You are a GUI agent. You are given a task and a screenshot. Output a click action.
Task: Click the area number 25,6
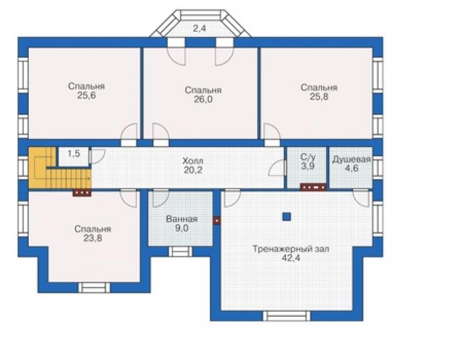86,95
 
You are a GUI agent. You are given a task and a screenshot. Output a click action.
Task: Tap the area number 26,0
203,100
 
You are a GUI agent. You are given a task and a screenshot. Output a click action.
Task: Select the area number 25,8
319,96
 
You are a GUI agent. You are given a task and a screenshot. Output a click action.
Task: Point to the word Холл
193,161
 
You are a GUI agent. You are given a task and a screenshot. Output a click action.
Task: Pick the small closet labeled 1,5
74,157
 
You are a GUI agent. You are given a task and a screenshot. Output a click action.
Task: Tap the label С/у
308,157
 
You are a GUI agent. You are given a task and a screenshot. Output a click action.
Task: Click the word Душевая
352,160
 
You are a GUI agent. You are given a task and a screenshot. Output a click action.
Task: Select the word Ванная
181,219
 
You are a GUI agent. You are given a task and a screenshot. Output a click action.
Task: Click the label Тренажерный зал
291,249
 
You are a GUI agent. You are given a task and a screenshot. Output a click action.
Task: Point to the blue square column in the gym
287,217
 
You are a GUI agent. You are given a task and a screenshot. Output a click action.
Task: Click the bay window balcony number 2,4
200,28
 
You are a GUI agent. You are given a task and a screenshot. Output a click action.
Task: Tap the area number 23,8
93,239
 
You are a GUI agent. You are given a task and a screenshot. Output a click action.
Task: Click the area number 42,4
291,258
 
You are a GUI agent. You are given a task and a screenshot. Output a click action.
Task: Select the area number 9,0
181,228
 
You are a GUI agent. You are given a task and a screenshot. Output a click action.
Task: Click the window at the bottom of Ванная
180,252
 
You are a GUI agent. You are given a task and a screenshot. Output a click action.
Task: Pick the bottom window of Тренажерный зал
287,316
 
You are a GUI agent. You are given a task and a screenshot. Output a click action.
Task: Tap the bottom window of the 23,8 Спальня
94,287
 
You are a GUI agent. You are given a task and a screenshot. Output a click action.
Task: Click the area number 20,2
193,170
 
